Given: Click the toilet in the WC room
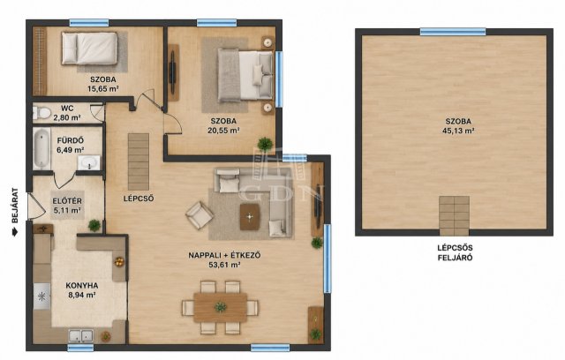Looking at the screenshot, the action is [41, 113].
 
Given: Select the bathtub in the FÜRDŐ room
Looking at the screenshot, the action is [41, 149].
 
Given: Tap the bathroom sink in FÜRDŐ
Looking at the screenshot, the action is [89, 162].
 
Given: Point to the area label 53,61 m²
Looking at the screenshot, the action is [224, 265].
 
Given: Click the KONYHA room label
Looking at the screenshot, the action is [82, 286].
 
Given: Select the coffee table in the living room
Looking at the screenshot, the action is [250, 217].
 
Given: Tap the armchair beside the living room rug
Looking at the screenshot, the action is [200, 215].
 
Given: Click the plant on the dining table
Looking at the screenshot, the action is [220, 307].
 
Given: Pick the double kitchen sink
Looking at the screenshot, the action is [81, 335].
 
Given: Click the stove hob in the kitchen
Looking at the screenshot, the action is [41, 296].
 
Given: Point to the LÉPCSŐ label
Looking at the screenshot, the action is [139, 199].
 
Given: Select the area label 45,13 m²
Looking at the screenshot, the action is [458, 131].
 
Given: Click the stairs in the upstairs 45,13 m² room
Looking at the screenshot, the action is [454, 216].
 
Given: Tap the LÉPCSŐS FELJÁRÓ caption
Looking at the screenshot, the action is [455, 252].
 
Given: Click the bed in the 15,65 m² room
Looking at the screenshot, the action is [89, 49].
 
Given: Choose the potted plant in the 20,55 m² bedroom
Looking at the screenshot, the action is [265, 144].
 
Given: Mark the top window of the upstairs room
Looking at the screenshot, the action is [453, 32].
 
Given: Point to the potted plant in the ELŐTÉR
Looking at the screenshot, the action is [94, 225].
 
